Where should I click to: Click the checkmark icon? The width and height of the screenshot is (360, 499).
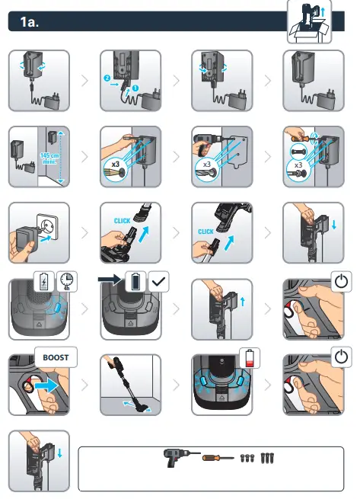pos(159,282)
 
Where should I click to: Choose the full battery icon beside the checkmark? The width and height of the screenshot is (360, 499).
pos(137,282)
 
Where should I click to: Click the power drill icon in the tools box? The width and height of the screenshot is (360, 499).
pos(179,457)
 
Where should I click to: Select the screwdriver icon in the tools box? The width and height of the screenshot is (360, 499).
pos(217,458)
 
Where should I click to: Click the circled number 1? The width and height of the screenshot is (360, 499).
pos(135,88)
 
